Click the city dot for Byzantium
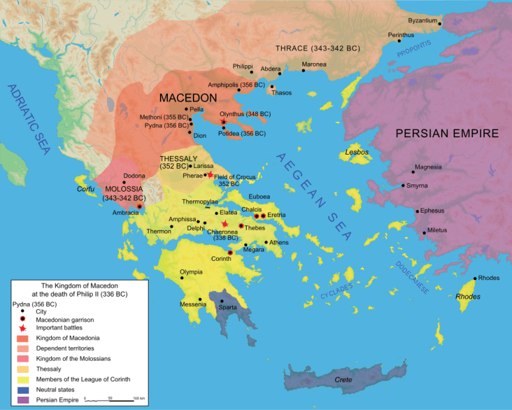coord(440,24)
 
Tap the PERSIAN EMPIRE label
coord(447,133)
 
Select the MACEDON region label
coord(188,98)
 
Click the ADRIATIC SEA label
coord(29,119)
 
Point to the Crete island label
coord(343,380)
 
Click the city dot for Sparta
coord(222,301)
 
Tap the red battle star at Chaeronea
coord(225,224)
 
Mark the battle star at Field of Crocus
coord(210,175)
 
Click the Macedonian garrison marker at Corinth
coord(230,253)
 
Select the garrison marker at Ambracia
coord(140,207)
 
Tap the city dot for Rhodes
coord(475,279)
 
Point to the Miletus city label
coord(437,230)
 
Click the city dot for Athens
coord(266,242)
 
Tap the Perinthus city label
coord(401,34)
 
